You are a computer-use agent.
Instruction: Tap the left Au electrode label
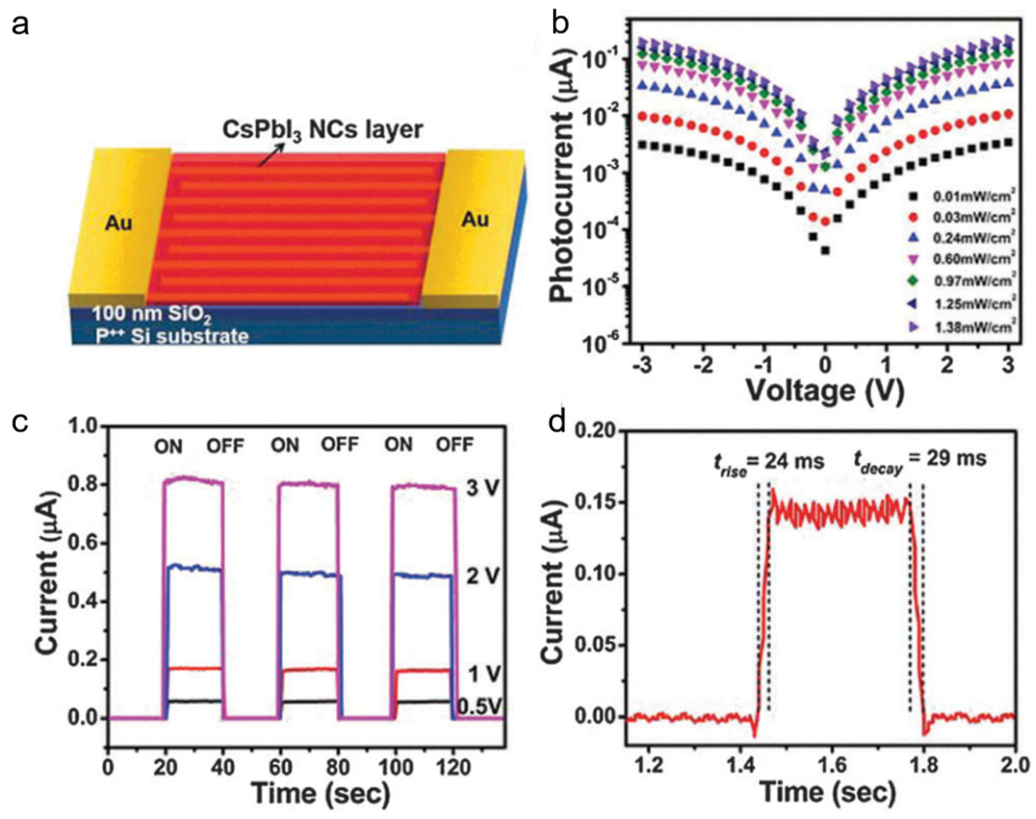(x=118, y=224)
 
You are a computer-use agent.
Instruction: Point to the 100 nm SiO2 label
(x=151, y=315)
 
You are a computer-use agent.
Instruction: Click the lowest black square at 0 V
(x=825, y=250)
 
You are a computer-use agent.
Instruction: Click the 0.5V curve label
(x=480, y=706)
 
